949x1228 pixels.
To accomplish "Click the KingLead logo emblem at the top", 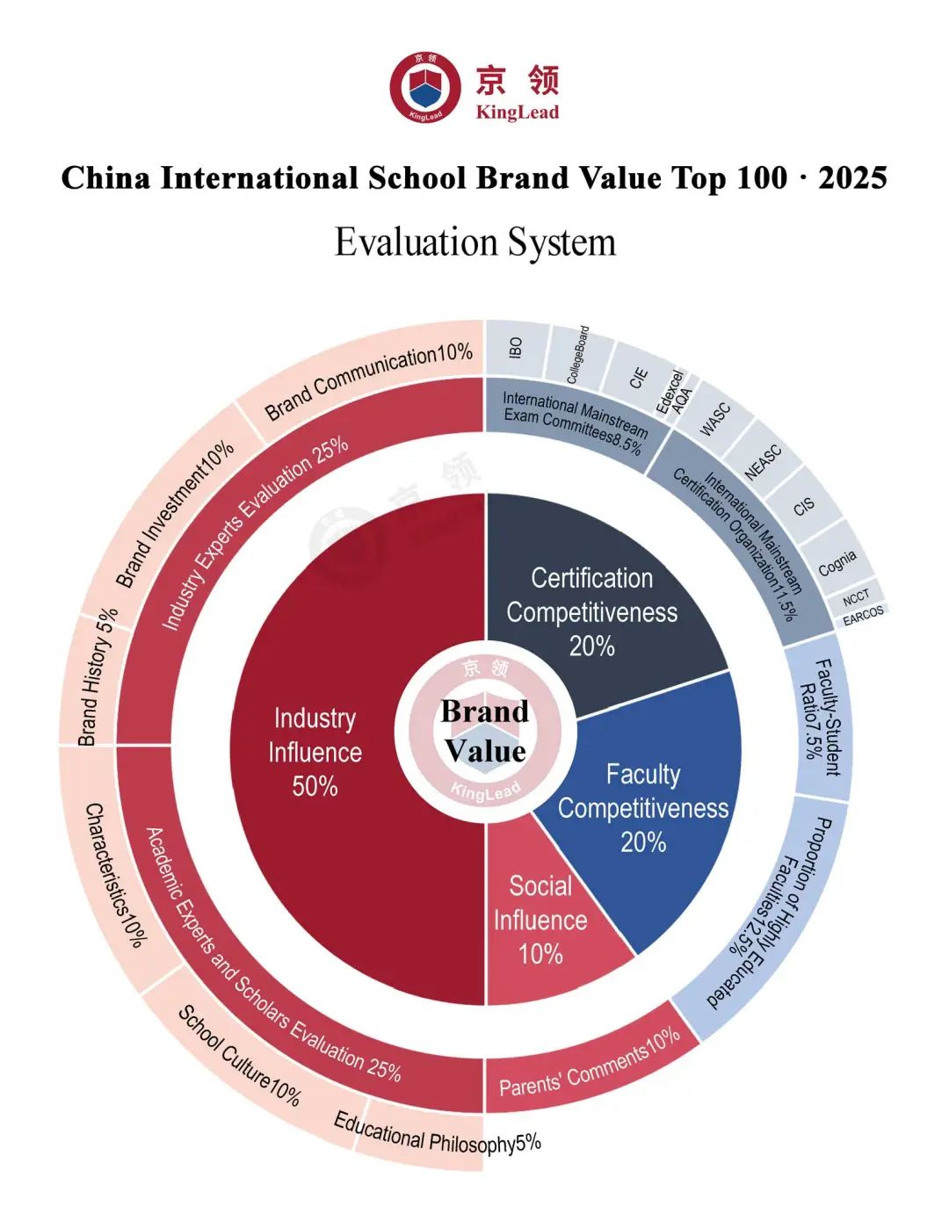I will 425,87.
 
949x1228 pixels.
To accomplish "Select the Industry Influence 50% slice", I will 315,752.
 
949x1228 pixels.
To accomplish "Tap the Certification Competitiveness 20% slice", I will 591,611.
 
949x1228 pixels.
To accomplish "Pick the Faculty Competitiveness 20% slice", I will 643,808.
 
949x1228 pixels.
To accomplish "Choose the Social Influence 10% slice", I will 540,920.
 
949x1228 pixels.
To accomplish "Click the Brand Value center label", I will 485,731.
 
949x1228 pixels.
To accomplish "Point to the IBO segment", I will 516,348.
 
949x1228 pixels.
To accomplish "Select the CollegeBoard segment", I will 577,356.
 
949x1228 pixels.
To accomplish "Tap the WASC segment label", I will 714,419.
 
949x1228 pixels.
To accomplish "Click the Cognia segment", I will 837,563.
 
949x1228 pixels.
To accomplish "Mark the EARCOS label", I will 863,615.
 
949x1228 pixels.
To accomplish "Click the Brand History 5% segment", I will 97,677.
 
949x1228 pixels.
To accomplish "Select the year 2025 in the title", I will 851,178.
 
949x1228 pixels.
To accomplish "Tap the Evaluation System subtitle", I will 474,242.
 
